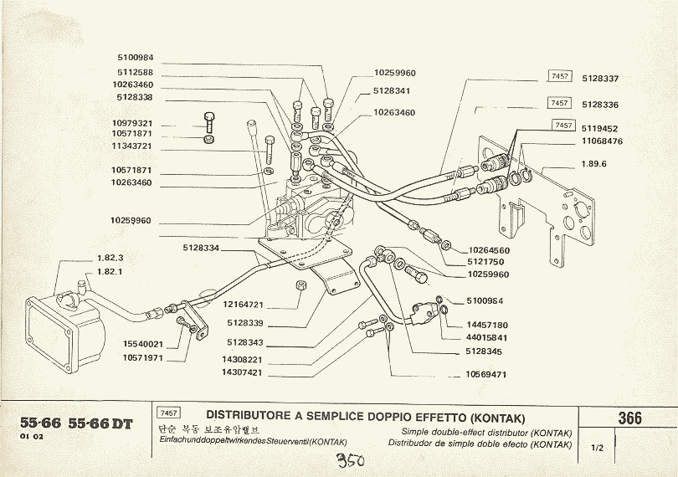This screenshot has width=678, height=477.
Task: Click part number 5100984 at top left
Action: [x=135, y=57]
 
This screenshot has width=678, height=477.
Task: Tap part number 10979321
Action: [x=131, y=124]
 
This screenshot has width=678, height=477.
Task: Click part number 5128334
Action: [x=200, y=249]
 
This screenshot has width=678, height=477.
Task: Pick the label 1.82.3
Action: [x=110, y=258]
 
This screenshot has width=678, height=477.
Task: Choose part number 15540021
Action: [x=142, y=344]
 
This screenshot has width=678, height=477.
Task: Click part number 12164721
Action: [x=244, y=304]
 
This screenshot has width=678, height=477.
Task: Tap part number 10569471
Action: [x=486, y=375]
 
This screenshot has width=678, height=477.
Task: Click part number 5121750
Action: [x=486, y=262]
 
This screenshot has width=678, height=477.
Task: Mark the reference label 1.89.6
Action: [x=593, y=164]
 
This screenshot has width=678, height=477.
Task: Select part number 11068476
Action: [x=601, y=141]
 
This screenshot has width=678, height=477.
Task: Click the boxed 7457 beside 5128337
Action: [x=559, y=77]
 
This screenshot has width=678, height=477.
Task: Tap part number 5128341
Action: [x=391, y=90]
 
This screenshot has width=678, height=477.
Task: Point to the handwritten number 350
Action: [x=352, y=461]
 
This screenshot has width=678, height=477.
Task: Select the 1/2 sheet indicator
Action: [x=598, y=449]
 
